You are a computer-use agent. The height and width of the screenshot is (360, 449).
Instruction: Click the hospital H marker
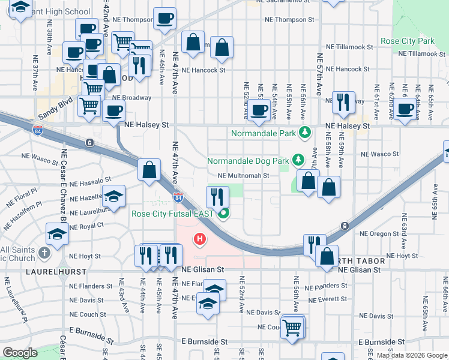pyautogui.click(x=200, y=240)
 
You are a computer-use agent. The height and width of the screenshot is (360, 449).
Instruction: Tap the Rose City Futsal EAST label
pyautogui.click(x=172, y=214)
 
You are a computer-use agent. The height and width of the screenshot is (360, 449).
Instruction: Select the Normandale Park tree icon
pyautogui.click(x=306, y=132)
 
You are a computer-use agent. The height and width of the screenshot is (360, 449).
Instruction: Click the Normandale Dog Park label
pyautogui.click(x=247, y=161)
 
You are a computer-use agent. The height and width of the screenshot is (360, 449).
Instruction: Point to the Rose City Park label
pyautogui.click(x=407, y=41)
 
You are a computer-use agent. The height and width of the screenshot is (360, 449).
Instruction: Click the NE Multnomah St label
pyautogui.click(x=243, y=176)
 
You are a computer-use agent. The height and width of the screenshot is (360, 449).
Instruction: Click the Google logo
pyautogui.click(x=20, y=352)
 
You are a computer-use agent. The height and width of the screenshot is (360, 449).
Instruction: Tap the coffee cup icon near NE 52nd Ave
pyautogui.click(x=260, y=110)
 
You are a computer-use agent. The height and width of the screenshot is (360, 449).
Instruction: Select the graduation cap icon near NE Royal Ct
pyautogui.click(x=57, y=234)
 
